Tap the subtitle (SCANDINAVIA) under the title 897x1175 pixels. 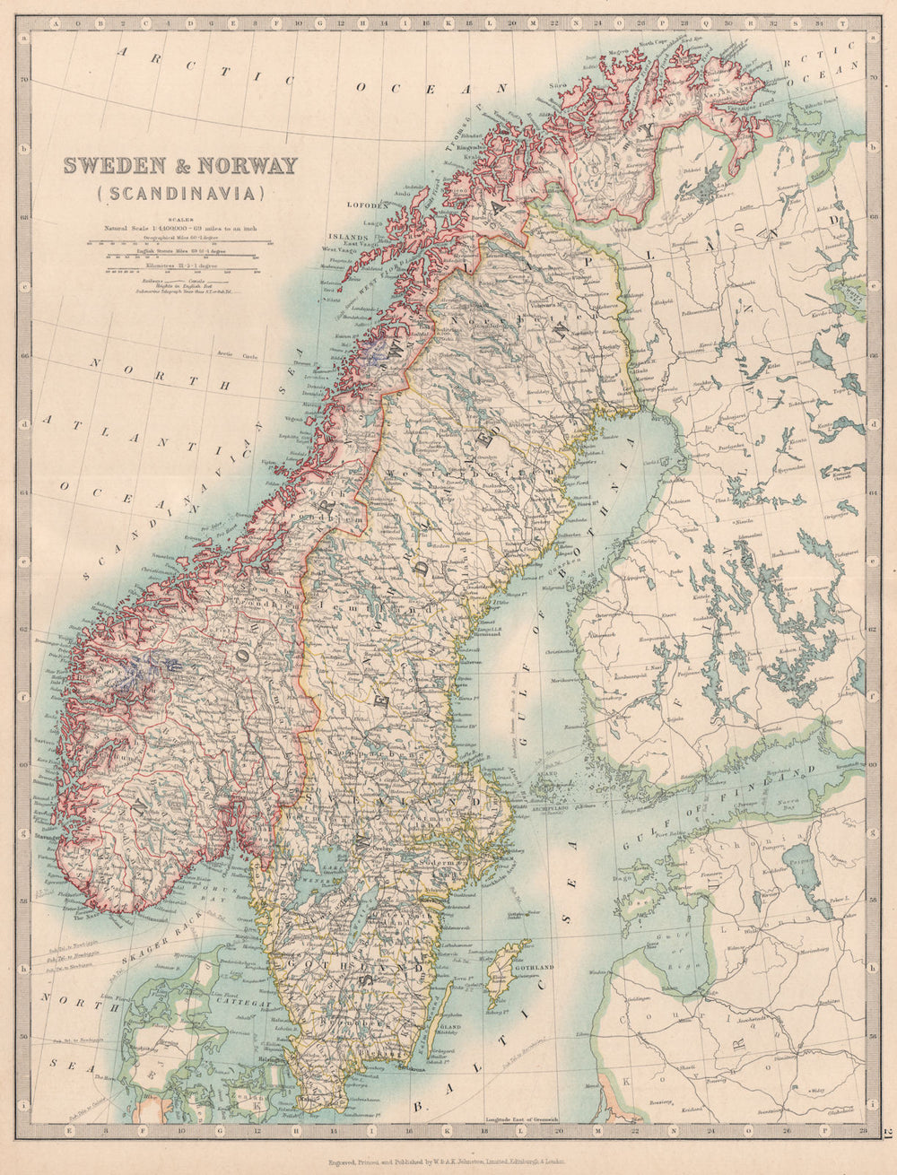point(179,191)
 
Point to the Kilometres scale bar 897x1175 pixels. point(179,267)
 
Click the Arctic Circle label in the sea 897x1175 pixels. point(235,356)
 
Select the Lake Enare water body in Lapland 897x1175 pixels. point(709,188)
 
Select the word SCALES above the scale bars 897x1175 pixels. point(179,216)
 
